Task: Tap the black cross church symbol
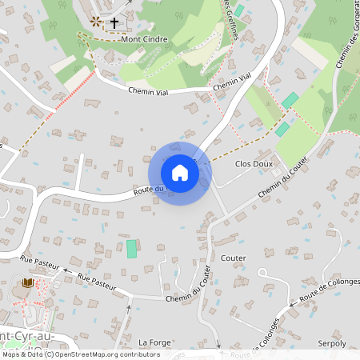[x=114, y=22]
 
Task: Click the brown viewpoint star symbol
[x=96, y=22]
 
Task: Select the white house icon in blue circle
[x=180, y=173]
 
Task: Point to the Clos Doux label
[x=254, y=163]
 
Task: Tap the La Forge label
[x=154, y=342]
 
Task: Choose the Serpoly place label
[x=332, y=342]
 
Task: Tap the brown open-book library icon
[x=29, y=282]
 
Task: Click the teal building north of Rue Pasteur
[x=131, y=249]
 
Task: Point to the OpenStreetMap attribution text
[x=81, y=354]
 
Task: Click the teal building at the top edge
[x=238, y=10]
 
